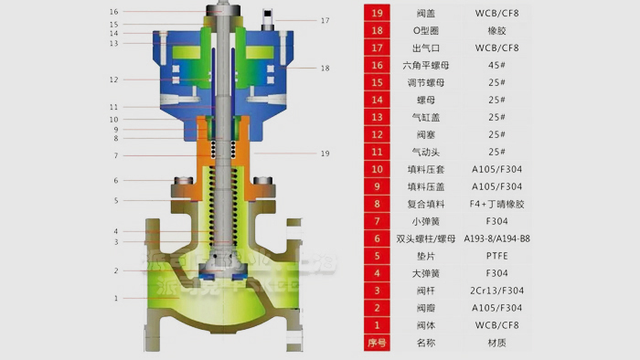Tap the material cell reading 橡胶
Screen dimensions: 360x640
[497, 30]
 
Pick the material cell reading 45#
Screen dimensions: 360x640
[497, 65]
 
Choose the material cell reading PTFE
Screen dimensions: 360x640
[497, 256]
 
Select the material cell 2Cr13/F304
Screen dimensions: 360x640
[497, 291]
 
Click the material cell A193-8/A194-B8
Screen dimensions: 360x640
[497, 238]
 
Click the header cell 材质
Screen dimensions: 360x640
[497, 343]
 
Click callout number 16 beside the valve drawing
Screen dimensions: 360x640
[113, 12]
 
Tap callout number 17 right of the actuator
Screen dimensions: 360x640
[325, 20]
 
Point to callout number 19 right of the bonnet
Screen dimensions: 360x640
[325, 154]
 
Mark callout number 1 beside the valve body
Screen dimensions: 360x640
[115, 298]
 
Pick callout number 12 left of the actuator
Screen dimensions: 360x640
[113, 80]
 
